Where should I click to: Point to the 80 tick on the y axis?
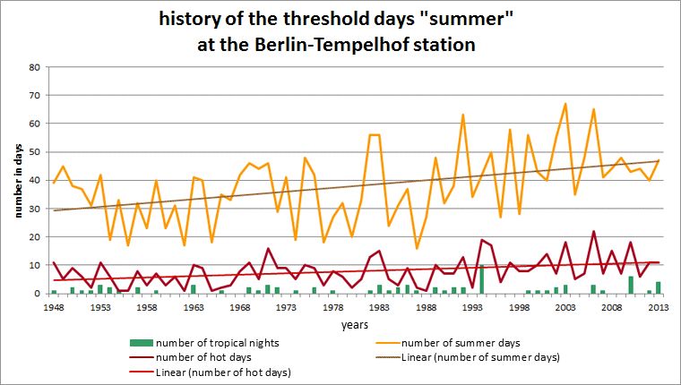(x=35, y=67)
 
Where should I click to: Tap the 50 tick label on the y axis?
(x=35, y=152)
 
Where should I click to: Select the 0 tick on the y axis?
(x=38, y=294)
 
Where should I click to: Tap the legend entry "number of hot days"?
(x=203, y=357)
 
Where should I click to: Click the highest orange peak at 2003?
(x=565, y=104)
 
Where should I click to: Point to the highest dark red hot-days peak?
(x=593, y=231)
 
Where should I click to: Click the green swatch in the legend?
(x=139, y=343)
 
